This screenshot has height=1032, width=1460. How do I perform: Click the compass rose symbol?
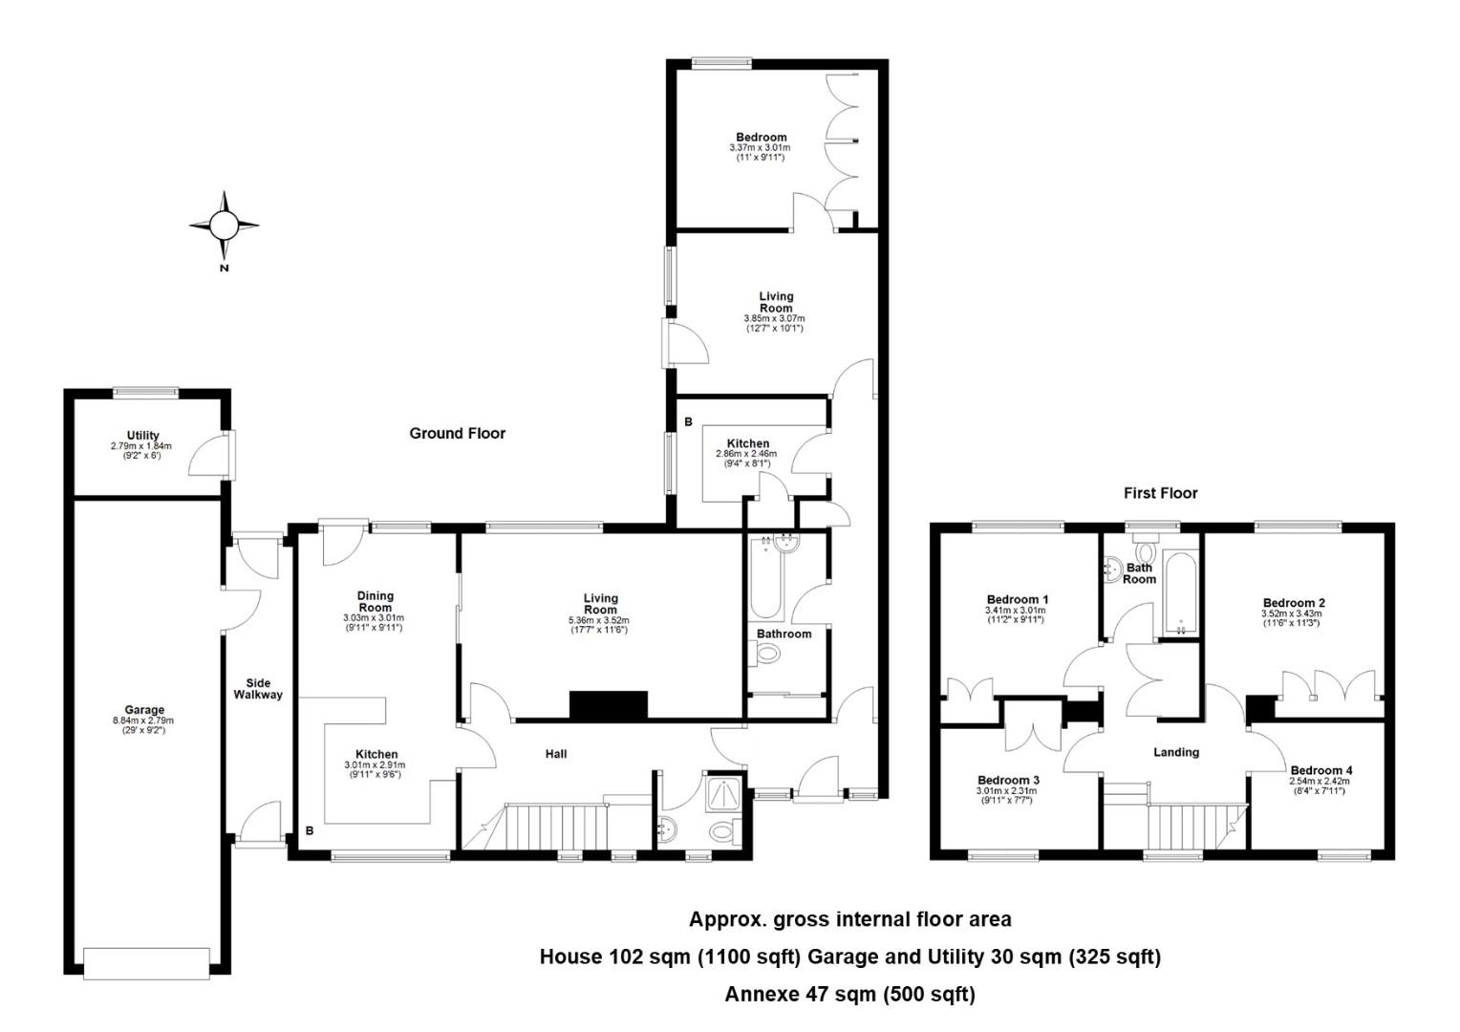225,226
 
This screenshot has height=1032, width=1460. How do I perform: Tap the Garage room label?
144,710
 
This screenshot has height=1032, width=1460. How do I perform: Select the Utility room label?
142,436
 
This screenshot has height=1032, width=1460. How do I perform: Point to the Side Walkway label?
258,689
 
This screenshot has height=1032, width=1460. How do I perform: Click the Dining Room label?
376,601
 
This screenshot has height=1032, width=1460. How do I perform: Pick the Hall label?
556,754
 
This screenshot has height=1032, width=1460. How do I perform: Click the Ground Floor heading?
458,434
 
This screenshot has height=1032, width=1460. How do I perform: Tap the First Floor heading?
1161,493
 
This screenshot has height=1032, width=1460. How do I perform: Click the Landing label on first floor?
1176,752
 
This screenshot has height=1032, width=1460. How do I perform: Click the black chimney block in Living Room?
609,705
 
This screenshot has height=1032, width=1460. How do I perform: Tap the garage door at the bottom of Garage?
146,963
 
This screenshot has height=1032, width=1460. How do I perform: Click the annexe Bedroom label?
762,137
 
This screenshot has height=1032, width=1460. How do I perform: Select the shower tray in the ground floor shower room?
722,793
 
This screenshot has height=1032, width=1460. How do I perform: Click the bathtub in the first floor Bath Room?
1180,594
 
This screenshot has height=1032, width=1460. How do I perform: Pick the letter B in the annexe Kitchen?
688,422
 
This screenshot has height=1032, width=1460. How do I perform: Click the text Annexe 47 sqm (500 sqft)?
850,994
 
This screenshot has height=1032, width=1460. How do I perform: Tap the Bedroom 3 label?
1008,781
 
